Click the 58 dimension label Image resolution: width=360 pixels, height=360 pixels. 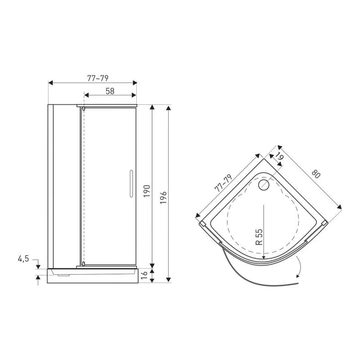click(110, 91)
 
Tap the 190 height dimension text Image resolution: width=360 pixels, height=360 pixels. click(147, 191)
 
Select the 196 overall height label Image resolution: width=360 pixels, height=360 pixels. click(163, 198)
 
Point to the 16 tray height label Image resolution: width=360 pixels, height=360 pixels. click(144, 275)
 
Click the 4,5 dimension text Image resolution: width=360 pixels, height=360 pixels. click(23, 259)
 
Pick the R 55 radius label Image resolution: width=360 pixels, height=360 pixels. click(259, 237)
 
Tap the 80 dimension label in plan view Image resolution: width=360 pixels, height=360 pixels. click(316, 174)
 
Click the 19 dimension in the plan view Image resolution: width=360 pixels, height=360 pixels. click(279, 157)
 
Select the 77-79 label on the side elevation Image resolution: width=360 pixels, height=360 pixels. click(98, 78)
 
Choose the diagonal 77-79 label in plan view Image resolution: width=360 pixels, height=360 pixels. click(224, 183)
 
